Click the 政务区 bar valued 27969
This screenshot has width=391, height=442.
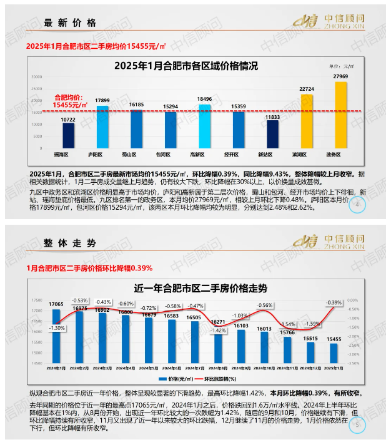(341, 116)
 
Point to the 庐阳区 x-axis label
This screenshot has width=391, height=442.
(102, 153)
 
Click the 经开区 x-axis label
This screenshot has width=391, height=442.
(238, 153)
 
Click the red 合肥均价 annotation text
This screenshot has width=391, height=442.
(69, 102)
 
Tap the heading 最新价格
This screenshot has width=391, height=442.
(71, 23)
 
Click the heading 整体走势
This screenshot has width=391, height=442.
(70, 242)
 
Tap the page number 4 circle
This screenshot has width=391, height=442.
(357, 206)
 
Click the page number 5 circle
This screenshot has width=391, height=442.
(357, 426)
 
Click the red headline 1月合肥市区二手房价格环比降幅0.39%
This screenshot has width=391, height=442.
(89, 268)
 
